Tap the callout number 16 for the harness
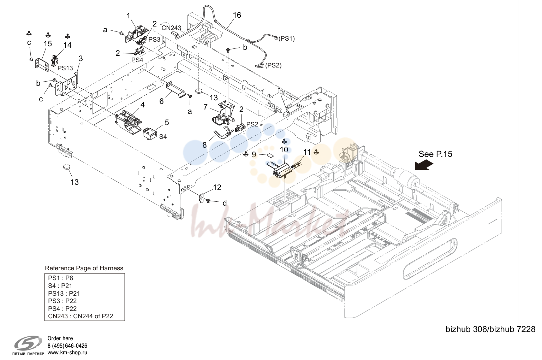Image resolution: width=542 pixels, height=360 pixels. pyautogui.click(x=237, y=15)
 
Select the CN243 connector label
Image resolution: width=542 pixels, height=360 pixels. pyautogui.click(x=171, y=28)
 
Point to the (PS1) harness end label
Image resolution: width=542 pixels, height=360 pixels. pyautogui.click(x=286, y=39)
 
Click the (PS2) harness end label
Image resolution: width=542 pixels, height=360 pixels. pyautogui.click(x=273, y=65)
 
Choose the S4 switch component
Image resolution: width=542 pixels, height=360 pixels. pyautogui.click(x=149, y=134)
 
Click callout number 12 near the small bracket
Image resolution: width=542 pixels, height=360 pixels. pyautogui.click(x=217, y=187)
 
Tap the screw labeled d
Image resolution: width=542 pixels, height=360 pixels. pyautogui.click(x=208, y=201)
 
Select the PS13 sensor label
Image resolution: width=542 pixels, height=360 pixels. pyautogui.click(x=65, y=68)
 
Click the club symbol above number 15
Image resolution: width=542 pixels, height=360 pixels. pyautogui.click(x=48, y=35)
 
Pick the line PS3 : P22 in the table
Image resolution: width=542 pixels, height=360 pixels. pyautogui.click(x=62, y=301)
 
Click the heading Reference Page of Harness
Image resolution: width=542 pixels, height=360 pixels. pyautogui.click(x=84, y=268)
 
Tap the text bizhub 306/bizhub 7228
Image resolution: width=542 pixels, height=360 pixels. pyautogui.click(x=490, y=329)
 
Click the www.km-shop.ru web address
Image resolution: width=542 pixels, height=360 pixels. pyautogui.click(x=67, y=353)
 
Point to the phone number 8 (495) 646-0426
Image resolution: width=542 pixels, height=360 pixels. pyautogui.click(x=67, y=346)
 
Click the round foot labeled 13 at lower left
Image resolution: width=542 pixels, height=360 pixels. pyautogui.click(x=66, y=167)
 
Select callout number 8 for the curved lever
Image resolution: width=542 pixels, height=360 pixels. pyautogui.click(x=204, y=145)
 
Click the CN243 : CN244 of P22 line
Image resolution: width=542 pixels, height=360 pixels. pyautogui.click(x=81, y=316)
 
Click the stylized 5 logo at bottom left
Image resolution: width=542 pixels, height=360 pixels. pyautogui.click(x=28, y=343)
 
